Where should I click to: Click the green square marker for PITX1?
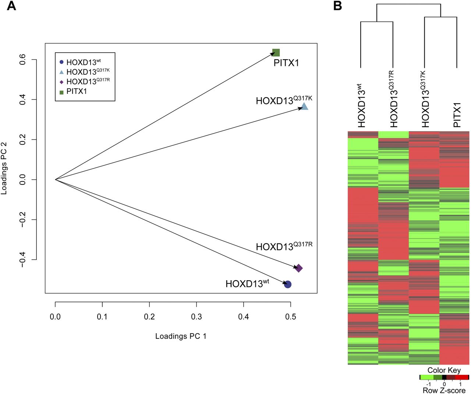pos(276,53)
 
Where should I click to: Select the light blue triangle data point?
pos(304,107)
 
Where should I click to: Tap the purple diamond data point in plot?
pos(298,268)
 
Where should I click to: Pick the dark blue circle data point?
pos(288,284)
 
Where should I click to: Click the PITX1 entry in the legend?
pos(77,91)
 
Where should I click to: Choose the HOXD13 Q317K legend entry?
pos(88,72)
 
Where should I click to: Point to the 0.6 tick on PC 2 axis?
pos(22,60)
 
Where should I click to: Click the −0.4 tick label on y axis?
pos(22,260)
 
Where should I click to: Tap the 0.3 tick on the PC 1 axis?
pos(196,316)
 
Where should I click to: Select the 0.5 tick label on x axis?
pos(291,316)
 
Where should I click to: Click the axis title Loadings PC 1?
pos(181,336)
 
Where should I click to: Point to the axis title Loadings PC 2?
pos(4,168)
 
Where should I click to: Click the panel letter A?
pos(11,6)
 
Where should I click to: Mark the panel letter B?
pos(337,6)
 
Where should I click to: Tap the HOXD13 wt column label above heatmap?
pos(362,106)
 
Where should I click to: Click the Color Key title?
pos(444,370)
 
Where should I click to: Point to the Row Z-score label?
pos(444,390)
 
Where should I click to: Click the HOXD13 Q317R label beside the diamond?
pos(284,246)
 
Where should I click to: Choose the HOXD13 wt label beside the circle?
pos(247,284)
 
